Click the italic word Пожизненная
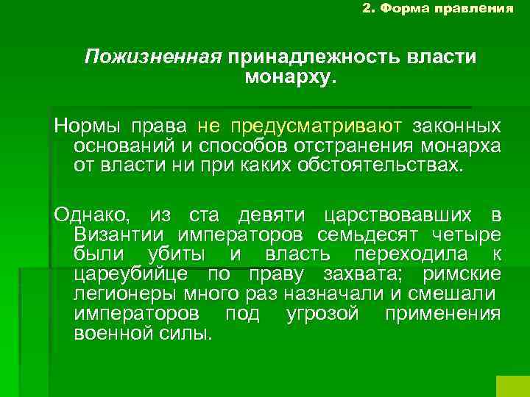pos(153,57)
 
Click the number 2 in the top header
pos(368,9)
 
